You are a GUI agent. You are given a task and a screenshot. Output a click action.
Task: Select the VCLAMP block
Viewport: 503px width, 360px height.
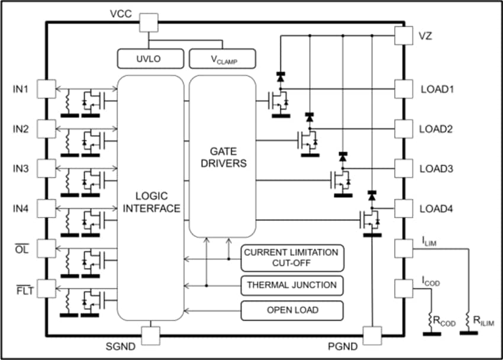(x=222, y=59)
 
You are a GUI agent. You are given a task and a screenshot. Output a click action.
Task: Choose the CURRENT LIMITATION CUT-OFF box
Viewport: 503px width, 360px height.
(x=292, y=257)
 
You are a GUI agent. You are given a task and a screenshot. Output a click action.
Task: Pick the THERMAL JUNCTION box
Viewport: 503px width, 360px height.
(x=292, y=285)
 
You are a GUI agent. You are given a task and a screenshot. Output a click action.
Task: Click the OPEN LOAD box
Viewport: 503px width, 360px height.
(x=292, y=310)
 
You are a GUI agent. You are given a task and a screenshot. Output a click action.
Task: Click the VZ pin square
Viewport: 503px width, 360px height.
(x=404, y=36)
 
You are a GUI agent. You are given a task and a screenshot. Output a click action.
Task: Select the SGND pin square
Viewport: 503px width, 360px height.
(x=152, y=335)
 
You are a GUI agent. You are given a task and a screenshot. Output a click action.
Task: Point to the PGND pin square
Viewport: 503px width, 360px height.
(x=372, y=336)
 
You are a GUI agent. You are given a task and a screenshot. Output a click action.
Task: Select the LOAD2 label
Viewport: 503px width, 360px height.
(x=436, y=129)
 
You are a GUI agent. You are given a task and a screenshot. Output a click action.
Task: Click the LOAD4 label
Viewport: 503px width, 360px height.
(x=436, y=209)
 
